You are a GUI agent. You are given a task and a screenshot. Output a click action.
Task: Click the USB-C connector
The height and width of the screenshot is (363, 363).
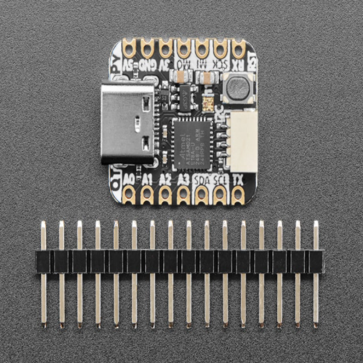pos(124,123)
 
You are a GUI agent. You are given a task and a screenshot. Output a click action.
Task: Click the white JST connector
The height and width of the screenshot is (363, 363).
pos(244,142)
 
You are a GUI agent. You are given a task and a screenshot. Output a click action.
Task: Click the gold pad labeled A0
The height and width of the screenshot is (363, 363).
pos(128,193)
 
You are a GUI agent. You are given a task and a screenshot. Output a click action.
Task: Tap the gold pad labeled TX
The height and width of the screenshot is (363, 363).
pos(238,193)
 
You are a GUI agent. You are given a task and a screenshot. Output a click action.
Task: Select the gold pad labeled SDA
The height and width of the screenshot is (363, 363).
pos(202,193)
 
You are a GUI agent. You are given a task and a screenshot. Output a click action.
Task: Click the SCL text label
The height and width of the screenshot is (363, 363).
pos(221,180)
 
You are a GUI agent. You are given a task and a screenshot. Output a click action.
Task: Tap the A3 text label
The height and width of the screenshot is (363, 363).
pos(183,180)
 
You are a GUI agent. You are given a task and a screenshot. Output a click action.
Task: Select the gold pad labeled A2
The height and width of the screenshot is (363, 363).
pos(165,193)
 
